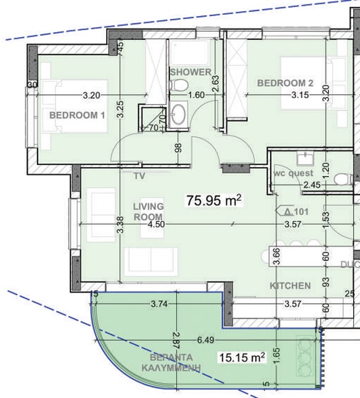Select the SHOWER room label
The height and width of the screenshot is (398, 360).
tap(190, 72)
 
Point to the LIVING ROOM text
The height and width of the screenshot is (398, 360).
tap(148, 211)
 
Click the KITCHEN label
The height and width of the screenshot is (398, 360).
tap(289, 286)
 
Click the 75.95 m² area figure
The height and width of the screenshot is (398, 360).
tap(213, 200)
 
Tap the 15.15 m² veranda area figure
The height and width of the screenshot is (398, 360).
tap(242, 357)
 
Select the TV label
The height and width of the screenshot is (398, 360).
tap(139, 176)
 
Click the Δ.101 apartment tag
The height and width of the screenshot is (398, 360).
tap(297, 211)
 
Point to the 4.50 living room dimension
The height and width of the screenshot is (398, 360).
tap(157, 224)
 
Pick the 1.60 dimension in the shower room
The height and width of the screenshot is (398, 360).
tap(195, 95)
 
